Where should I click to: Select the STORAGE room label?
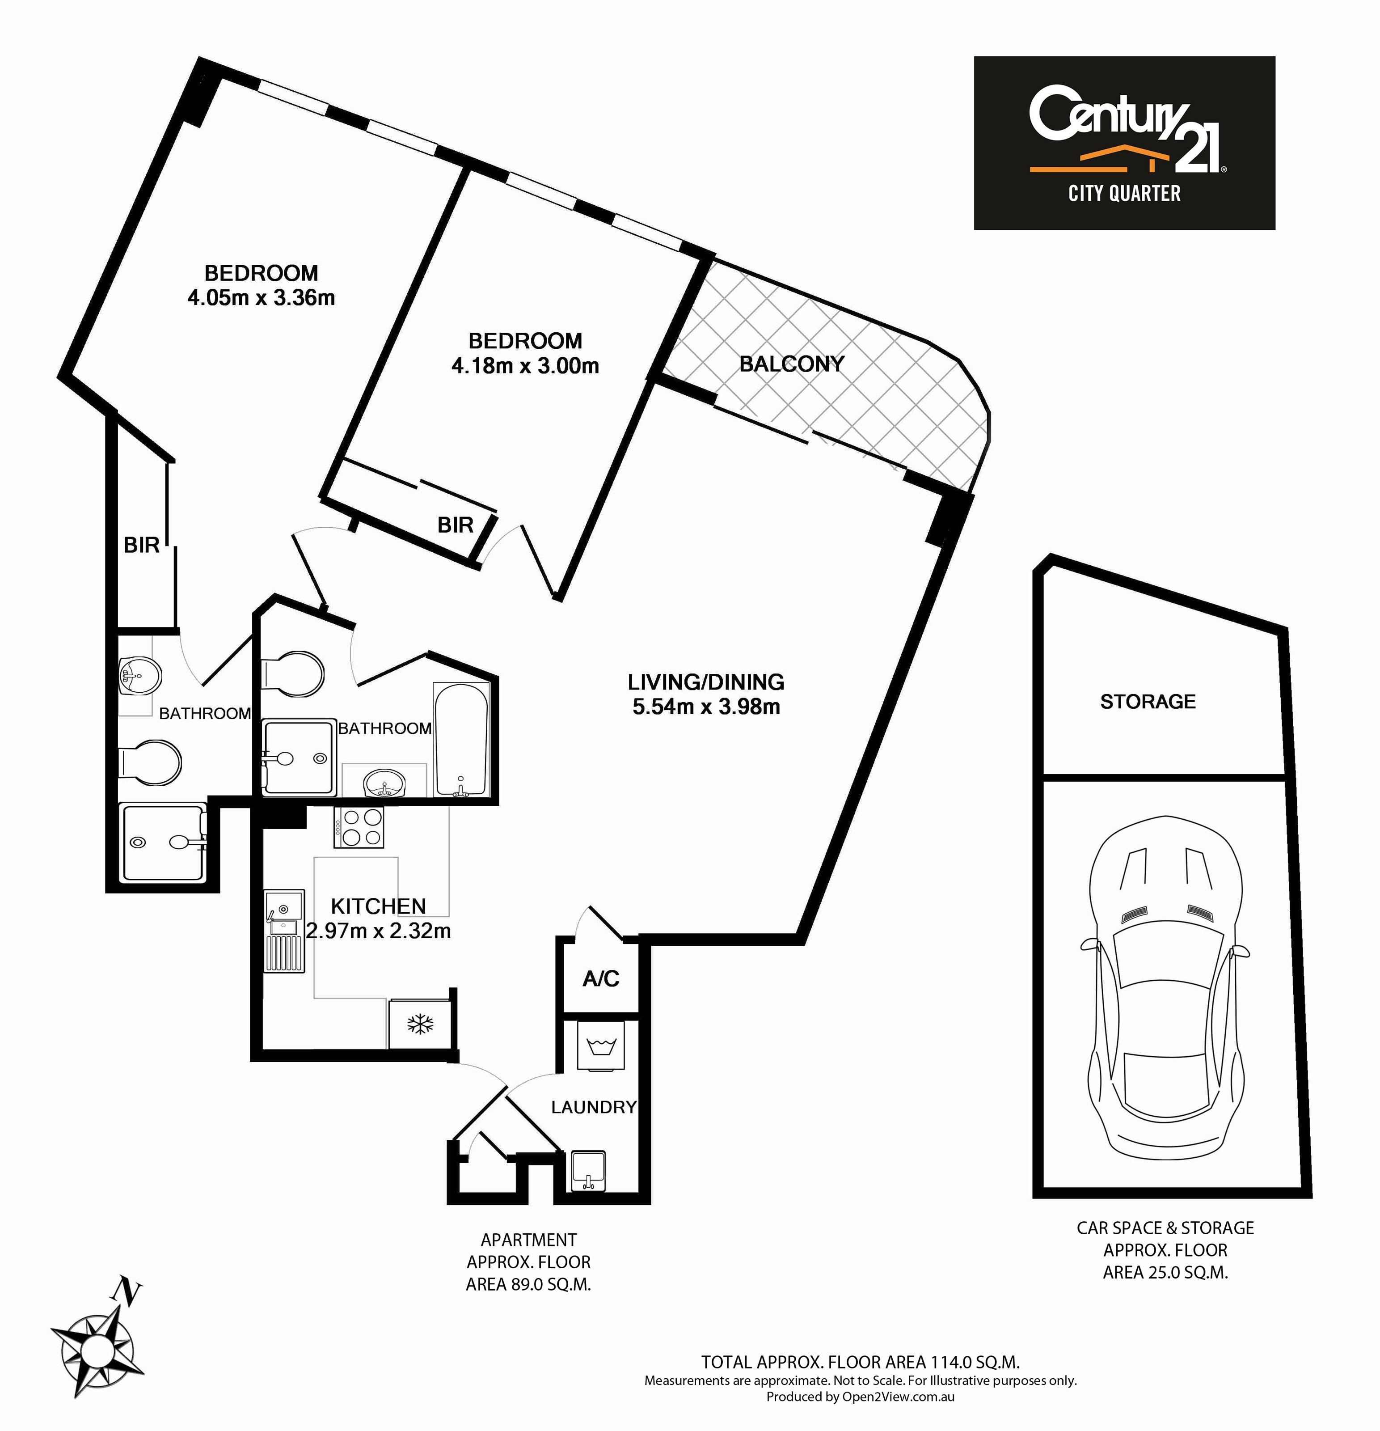(x=1148, y=702)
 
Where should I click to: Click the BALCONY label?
(x=792, y=364)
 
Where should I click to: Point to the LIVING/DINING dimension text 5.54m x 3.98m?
(x=706, y=707)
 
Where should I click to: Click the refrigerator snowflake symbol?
(x=420, y=1024)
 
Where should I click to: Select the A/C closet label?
(x=601, y=978)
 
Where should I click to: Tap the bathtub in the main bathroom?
(x=461, y=740)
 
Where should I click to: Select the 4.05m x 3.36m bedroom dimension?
(x=261, y=298)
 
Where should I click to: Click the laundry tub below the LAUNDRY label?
(x=588, y=1171)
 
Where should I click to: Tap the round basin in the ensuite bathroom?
(x=139, y=675)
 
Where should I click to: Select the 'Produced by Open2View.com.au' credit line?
(x=861, y=1397)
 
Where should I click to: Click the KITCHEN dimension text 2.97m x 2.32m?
(x=378, y=931)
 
